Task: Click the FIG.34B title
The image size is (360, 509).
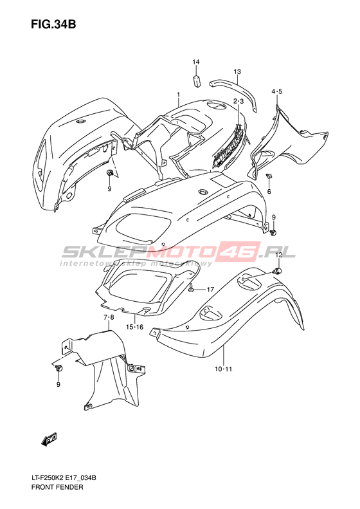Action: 53,24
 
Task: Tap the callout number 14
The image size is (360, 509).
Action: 196,62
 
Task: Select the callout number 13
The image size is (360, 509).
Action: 237,71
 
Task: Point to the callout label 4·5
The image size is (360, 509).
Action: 277,91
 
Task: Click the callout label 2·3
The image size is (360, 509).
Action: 238,102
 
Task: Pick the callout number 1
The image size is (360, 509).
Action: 178,95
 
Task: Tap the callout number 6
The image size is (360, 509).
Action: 269,192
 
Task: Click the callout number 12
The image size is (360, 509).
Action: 279,255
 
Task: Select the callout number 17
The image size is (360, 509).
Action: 210,289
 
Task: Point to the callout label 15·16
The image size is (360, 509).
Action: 134,327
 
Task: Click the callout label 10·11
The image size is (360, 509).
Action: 224,369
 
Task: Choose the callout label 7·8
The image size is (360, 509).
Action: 109,317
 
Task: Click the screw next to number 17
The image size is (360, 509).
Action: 192,288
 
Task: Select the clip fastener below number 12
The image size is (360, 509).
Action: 278,270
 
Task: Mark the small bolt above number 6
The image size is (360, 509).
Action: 269,176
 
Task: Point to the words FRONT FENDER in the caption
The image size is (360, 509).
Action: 57,487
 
